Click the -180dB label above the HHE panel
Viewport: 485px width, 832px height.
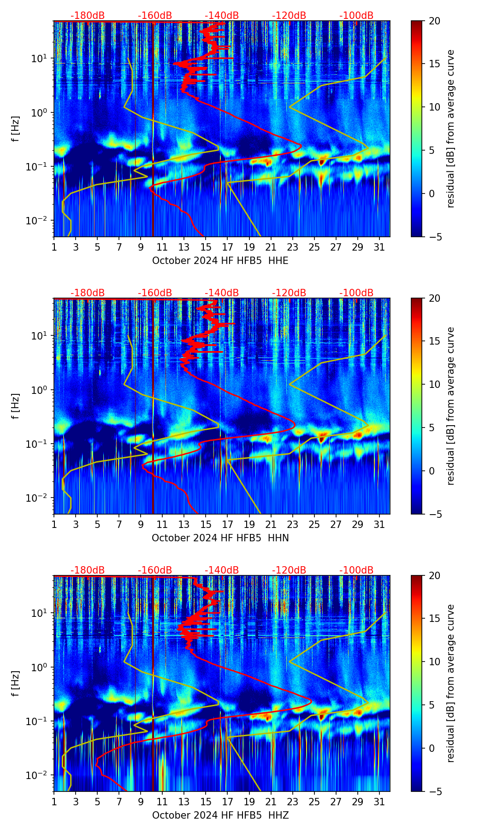click(x=88, y=16)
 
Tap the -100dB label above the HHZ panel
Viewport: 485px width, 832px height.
click(x=356, y=570)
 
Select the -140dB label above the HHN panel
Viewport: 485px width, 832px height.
click(x=222, y=293)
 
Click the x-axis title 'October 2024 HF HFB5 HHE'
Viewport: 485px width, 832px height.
click(x=220, y=261)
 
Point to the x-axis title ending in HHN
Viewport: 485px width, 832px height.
click(x=220, y=538)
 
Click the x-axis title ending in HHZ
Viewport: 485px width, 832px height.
click(x=220, y=815)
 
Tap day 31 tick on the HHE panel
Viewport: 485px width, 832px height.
click(x=379, y=247)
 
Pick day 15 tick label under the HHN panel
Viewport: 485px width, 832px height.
click(x=206, y=524)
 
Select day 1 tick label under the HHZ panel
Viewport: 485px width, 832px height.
click(x=54, y=802)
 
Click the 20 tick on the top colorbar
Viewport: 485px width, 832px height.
click(x=434, y=21)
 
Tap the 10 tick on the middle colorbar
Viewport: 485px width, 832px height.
click(x=434, y=384)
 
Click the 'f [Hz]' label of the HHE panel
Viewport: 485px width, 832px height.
click(x=16, y=129)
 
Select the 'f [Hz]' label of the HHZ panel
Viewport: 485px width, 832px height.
click(x=16, y=684)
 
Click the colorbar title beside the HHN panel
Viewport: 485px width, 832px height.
click(x=451, y=406)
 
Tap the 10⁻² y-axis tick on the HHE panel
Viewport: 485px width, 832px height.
click(x=39, y=221)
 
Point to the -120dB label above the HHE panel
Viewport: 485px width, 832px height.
click(x=289, y=16)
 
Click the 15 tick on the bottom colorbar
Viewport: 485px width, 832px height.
click(x=434, y=619)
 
